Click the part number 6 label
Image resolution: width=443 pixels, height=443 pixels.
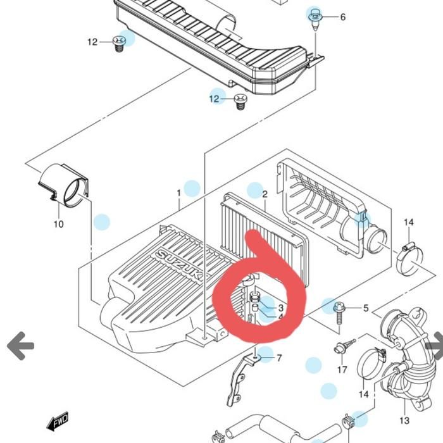point(343,17)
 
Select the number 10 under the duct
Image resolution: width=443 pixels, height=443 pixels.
point(58,224)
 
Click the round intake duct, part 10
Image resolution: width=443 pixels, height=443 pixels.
point(63,185)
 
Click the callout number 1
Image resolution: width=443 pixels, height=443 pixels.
point(178,193)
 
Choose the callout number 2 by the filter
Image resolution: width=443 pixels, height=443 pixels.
point(265,194)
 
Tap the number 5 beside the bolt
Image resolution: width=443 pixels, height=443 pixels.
point(366,308)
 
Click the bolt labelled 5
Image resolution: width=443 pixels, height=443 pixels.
point(339,314)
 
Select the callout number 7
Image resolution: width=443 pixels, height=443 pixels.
point(279,358)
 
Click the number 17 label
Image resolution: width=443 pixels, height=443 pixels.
point(342,369)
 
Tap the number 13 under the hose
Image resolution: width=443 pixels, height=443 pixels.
point(404,420)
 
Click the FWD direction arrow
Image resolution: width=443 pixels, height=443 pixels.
point(58,421)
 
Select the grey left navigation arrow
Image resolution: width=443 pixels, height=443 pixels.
point(20,346)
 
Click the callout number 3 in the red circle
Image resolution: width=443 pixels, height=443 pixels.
point(280,308)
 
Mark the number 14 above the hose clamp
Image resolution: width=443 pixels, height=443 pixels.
point(409,222)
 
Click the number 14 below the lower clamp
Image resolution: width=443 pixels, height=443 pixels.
point(364,394)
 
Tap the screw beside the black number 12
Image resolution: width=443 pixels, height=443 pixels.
point(119,44)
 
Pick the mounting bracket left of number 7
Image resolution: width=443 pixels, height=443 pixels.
point(240,380)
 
